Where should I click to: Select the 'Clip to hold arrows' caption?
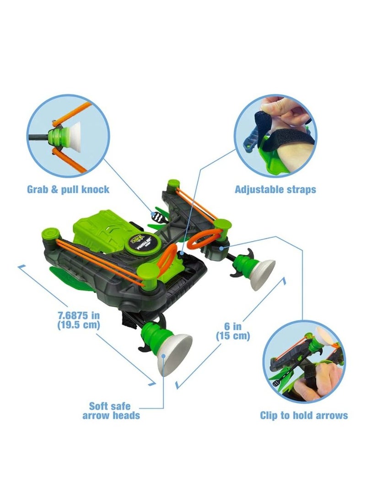pos(304,415)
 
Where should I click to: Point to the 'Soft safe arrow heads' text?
pos(111,411)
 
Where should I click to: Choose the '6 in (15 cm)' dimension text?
pos(233,330)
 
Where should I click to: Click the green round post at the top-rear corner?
pos(173,184)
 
